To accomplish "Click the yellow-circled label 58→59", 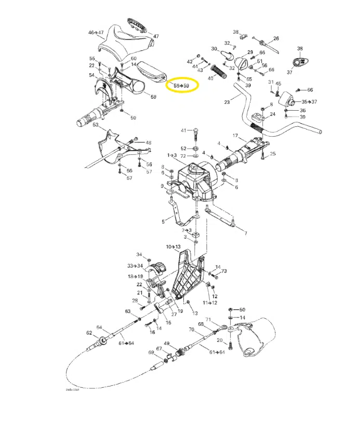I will (181, 85).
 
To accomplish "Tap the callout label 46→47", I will (96, 32).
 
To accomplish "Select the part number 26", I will (276, 38).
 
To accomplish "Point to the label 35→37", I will (309, 102).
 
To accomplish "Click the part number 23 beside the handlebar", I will (227, 102).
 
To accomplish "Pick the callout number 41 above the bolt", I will (183, 130).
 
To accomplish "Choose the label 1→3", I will (171, 155).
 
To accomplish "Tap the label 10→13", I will (173, 246).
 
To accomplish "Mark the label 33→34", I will (135, 266).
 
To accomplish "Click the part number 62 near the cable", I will (89, 333).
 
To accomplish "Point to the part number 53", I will (96, 125).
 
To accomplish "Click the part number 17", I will (235, 136).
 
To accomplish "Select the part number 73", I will (224, 271).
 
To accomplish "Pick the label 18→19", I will (135, 277).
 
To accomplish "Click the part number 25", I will (273, 153).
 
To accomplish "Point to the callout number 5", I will (163, 221).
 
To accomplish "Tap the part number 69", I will (151, 353).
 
